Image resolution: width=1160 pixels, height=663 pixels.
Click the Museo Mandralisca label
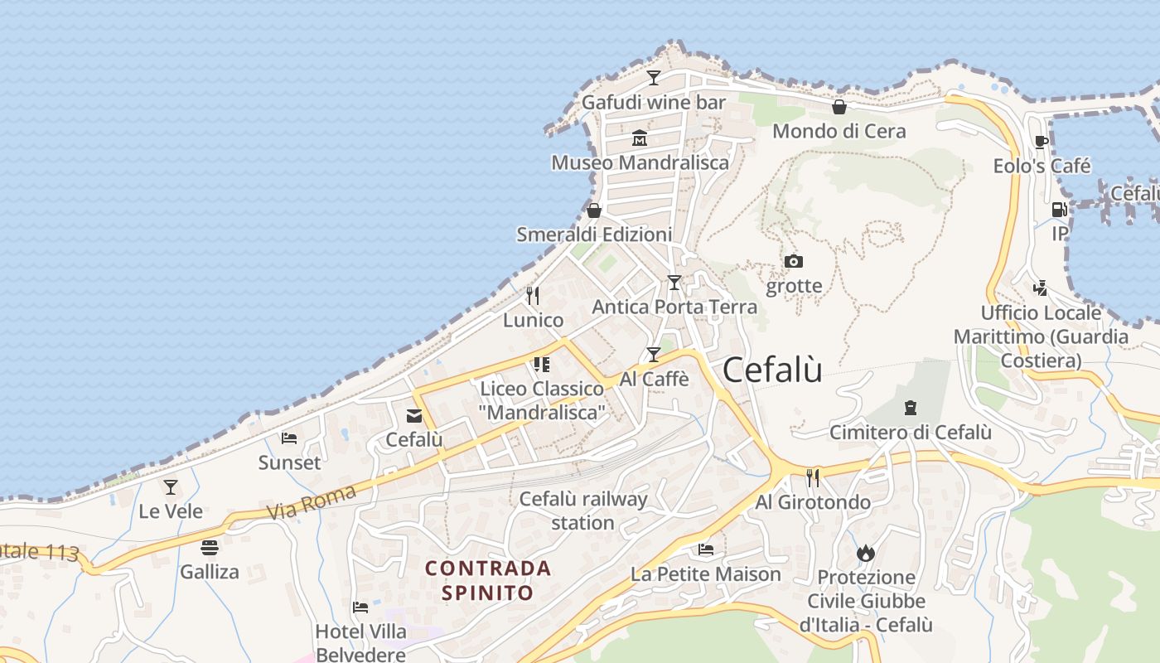pyautogui.click(x=640, y=162)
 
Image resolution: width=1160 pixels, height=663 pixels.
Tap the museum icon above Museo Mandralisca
pyautogui.click(x=639, y=138)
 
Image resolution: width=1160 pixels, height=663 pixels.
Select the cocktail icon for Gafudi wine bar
pyautogui.click(x=654, y=78)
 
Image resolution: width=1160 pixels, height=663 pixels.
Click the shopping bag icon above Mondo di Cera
pyautogui.click(x=839, y=107)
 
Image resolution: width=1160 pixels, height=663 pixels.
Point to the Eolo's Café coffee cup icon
pyautogui.click(x=1042, y=143)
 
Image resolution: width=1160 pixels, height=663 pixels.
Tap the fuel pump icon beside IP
pyautogui.click(x=1059, y=210)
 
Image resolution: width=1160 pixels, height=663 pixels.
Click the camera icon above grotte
pyautogui.click(x=794, y=262)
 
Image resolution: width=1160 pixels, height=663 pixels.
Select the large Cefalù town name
pyautogui.click(x=772, y=370)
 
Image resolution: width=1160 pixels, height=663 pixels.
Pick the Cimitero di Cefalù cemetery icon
pyautogui.click(x=911, y=407)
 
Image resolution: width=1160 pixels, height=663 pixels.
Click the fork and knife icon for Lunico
pyautogui.click(x=533, y=296)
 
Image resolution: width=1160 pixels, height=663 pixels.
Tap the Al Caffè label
pyautogui.click(x=655, y=379)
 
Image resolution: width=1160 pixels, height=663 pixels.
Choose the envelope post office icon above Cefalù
pyautogui.click(x=413, y=416)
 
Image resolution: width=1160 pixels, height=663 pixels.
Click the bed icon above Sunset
pyautogui.click(x=289, y=438)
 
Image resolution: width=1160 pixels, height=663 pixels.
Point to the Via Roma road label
pyautogui.click(x=312, y=502)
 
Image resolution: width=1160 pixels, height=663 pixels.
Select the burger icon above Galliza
pyautogui.click(x=210, y=547)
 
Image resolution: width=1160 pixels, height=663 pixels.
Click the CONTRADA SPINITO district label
pyautogui.click(x=487, y=580)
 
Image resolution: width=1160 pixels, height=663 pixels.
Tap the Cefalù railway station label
pyautogui.click(x=582, y=511)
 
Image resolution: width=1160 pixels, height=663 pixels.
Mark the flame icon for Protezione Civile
pyautogui.click(x=866, y=553)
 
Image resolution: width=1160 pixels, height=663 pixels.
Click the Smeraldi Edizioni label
pyautogui.click(x=594, y=235)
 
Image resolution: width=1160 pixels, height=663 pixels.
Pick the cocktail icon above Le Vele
pyautogui.click(x=171, y=487)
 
